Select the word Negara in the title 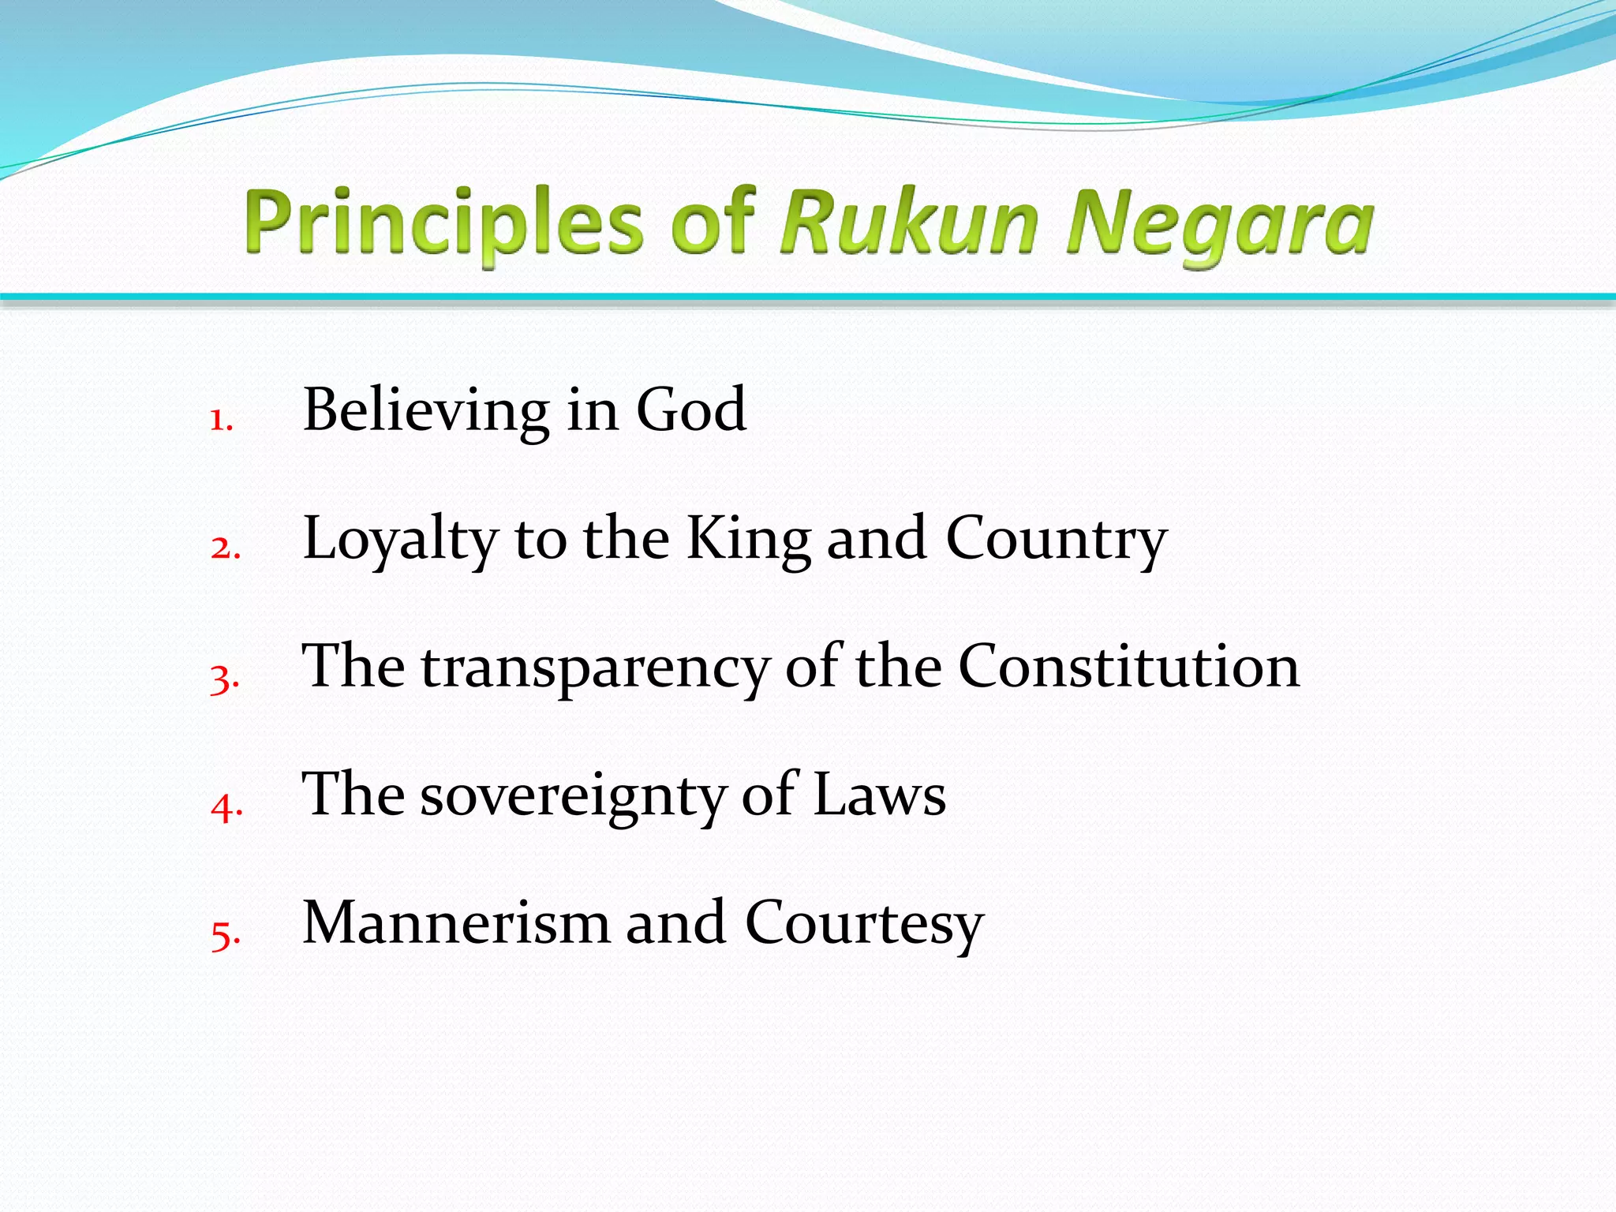[1220, 224]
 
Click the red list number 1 [221, 420]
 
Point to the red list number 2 [225, 548]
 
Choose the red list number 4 [226, 806]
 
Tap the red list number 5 [225, 935]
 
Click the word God [691, 410]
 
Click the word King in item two [748, 540]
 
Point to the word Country [1056, 540]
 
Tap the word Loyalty [400, 540]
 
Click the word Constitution [1128, 667]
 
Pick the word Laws [879, 795]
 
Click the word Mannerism [456, 922]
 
